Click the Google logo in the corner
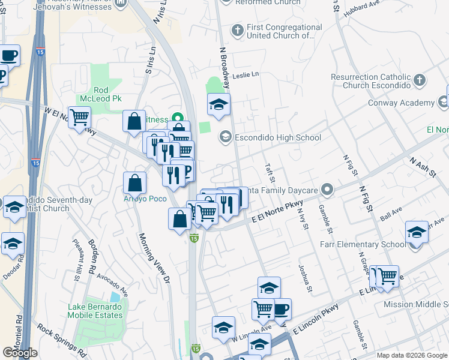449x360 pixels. point(20,353)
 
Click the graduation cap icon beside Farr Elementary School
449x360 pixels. point(417,231)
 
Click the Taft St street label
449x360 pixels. point(271,175)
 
